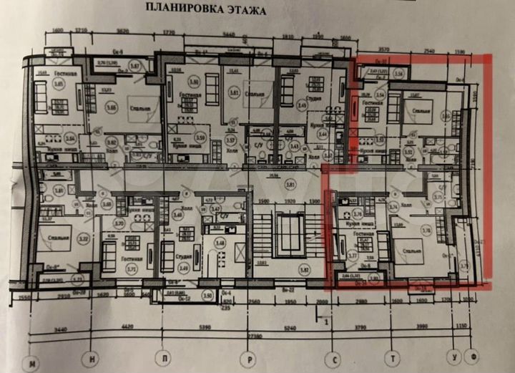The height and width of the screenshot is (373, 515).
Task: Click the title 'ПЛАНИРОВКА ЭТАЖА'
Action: click(x=205, y=11)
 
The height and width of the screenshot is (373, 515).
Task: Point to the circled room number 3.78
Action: click(x=426, y=231)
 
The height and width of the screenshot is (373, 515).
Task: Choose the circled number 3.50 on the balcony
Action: click(x=187, y=294)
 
